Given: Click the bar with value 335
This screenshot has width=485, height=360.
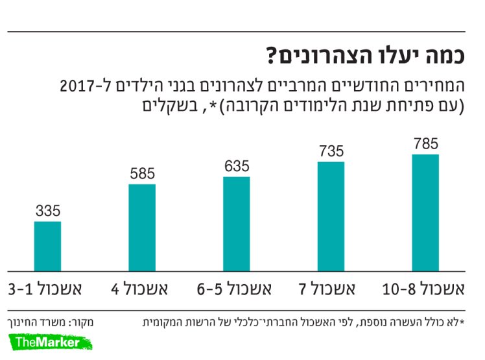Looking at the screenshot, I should coord(47,246).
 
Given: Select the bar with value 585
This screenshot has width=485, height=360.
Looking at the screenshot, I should coord(142,227).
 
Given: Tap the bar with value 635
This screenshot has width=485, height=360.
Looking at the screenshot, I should coord(236,223).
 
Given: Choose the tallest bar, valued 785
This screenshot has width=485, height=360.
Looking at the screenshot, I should coord(425,212).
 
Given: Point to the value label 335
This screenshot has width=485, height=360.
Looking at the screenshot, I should coord(47,211).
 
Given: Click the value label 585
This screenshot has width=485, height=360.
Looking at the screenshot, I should coord(142,173).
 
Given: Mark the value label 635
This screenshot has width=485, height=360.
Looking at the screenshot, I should coord(236,166).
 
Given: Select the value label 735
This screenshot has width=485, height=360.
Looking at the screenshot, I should coord(331,151).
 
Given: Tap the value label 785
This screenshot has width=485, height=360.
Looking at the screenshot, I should coord(425,143).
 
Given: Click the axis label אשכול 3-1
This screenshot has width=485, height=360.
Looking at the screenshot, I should coord(45,288).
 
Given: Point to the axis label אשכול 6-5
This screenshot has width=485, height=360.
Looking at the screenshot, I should coord(234,288).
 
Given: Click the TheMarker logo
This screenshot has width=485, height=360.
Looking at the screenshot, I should coord(49,342).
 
